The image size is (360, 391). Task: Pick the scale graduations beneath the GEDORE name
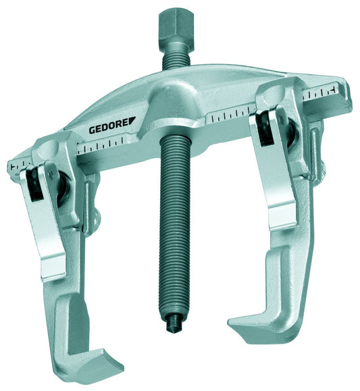(108, 145)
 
